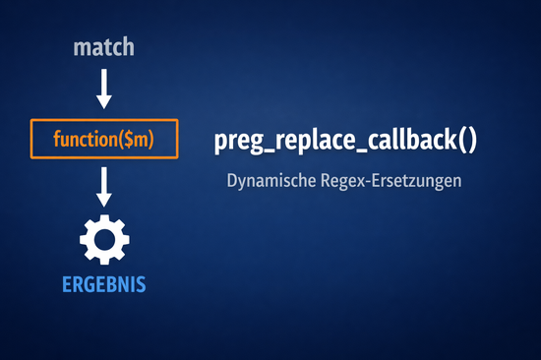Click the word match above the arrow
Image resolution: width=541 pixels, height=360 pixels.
(x=104, y=46)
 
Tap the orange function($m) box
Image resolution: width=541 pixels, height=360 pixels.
(x=105, y=140)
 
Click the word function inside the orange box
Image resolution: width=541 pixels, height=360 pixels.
(x=83, y=140)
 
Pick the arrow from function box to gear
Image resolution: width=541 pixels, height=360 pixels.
(x=104, y=186)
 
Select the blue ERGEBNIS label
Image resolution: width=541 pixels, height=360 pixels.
(x=104, y=284)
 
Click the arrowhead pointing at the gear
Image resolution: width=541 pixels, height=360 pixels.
(x=104, y=199)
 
